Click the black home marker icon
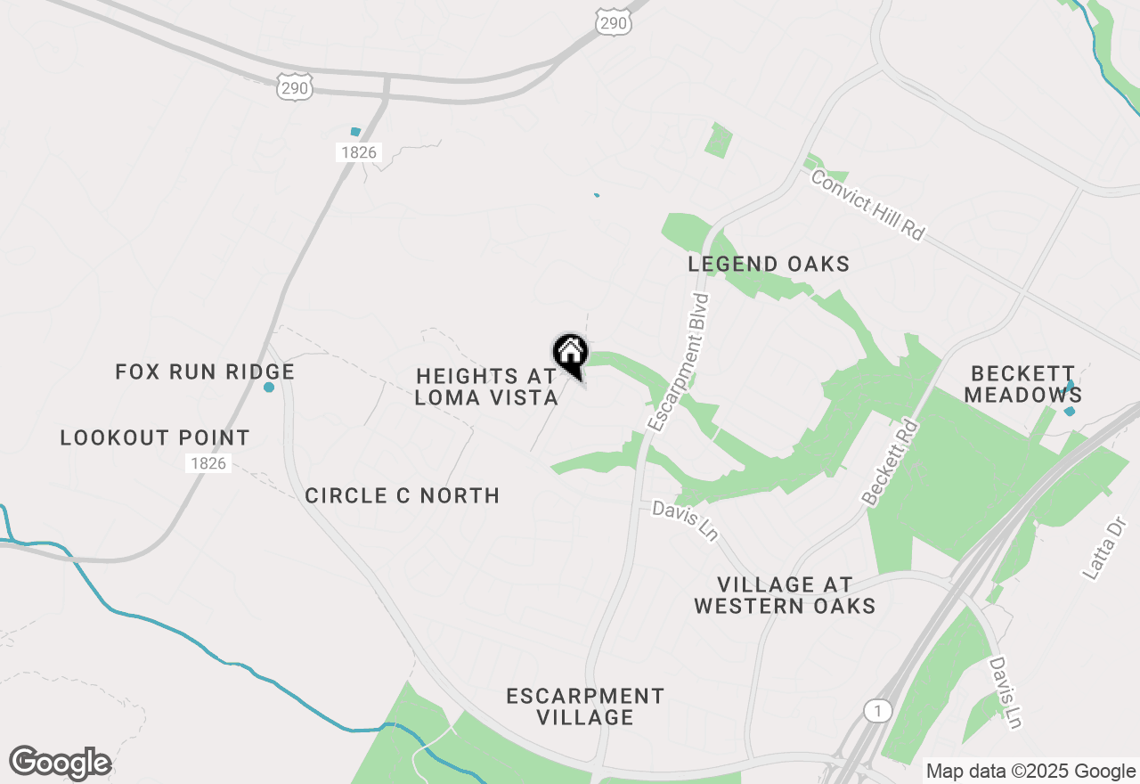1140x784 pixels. coord(570,352)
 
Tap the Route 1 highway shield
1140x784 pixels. coord(878,710)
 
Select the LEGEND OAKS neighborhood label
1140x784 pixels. coord(769,264)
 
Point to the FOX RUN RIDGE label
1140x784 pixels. coord(205,372)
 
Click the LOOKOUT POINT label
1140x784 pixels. coord(155,437)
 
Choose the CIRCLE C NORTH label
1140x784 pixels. coord(402,495)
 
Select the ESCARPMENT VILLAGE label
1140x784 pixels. coord(585,706)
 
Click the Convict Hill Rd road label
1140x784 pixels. coord(867,205)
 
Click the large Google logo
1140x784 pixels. coord(60,763)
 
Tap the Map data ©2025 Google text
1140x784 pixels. coord(1030,772)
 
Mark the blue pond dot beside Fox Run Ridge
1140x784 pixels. coord(269,387)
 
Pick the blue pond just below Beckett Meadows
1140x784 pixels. coord(1070,411)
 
